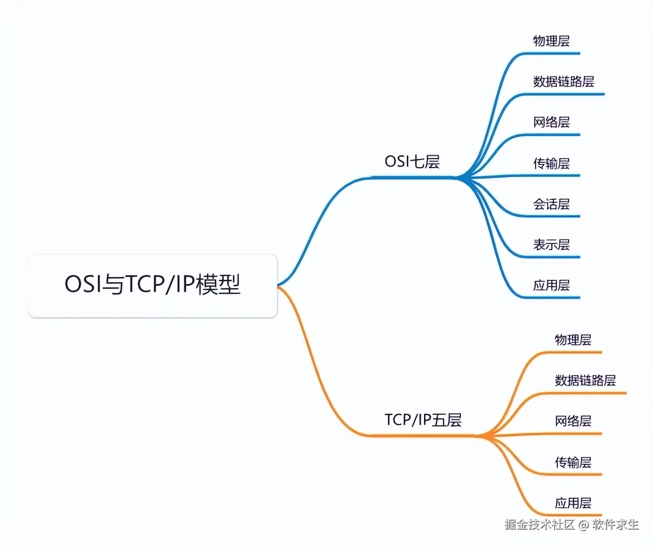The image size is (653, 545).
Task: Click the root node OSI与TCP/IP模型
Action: pos(152,285)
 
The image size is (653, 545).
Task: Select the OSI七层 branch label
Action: pos(412,162)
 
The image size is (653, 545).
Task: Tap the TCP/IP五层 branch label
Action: pos(423,420)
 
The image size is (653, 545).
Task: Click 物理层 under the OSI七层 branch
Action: pos(551,41)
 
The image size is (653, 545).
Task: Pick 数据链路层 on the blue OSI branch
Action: pos(563,82)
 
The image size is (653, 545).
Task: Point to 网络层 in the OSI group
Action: pos(551,123)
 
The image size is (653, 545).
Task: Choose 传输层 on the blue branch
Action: pos(551,164)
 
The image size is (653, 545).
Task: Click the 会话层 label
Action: pos(551,204)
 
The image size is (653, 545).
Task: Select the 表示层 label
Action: pos(551,245)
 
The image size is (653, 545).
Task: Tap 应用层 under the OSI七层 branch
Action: pos(551,285)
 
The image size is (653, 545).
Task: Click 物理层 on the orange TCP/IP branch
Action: pos(573,340)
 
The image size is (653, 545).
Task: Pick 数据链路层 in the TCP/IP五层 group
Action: pos(585,380)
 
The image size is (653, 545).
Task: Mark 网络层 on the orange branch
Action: pos(573,421)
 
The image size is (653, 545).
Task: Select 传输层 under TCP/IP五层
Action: pos(573,462)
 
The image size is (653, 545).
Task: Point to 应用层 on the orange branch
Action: pos(573,503)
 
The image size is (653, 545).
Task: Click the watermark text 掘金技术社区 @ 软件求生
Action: pos(571,525)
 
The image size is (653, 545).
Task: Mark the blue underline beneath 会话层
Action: pos(551,216)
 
